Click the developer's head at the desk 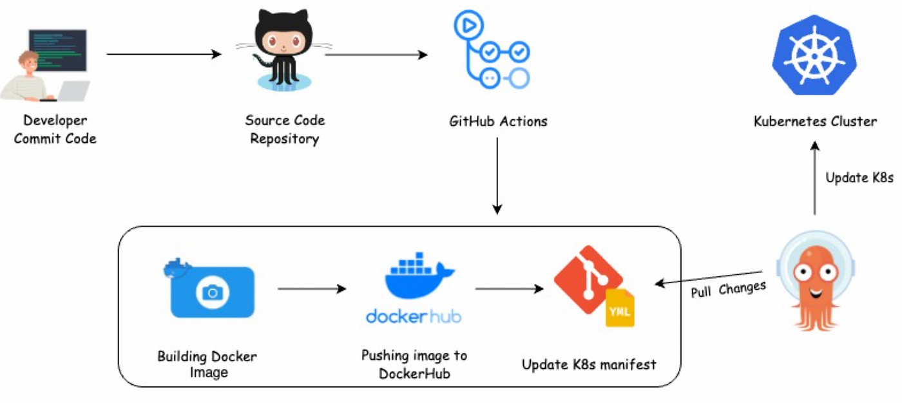pyautogui.click(x=28, y=64)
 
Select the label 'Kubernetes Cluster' pyautogui.click(x=815, y=121)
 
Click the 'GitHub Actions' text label pyautogui.click(x=498, y=121)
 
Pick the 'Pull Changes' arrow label pyautogui.click(x=728, y=289)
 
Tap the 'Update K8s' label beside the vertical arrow pyautogui.click(x=859, y=178)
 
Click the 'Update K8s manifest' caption pyautogui.click(x=589, y=365)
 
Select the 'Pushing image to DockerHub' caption pyautogui.click(x=414, y=364)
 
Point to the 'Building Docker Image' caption pyautogui.click(x=207, y=364)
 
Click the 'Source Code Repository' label pyautogui.click(x=284, y=129)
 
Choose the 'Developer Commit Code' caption pyautogui.click(x=55, y=129)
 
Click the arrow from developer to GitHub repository pyautogui.click(x=164, y=55)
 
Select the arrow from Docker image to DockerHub pyautogui.click(x=312, y=289)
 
